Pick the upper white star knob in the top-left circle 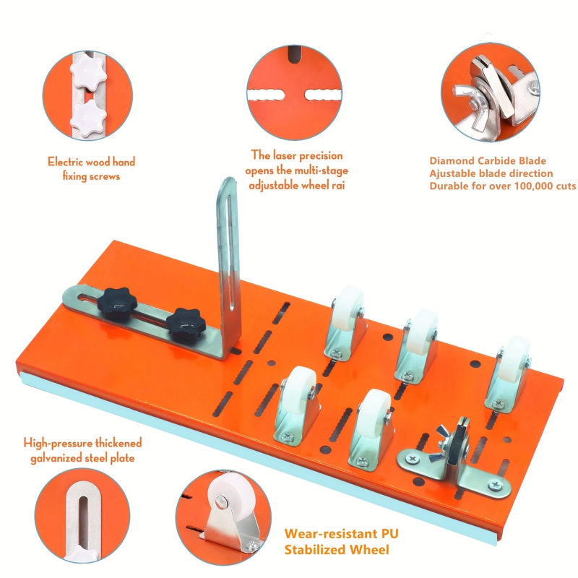coord(88,72)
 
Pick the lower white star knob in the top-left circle coord(88,118)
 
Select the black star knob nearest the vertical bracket coord(184,321)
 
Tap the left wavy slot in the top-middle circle coord(266,95)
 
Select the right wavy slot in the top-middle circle coord(322,95)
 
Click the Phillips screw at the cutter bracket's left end coord(413,459)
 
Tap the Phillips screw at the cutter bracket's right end coord(495,485)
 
